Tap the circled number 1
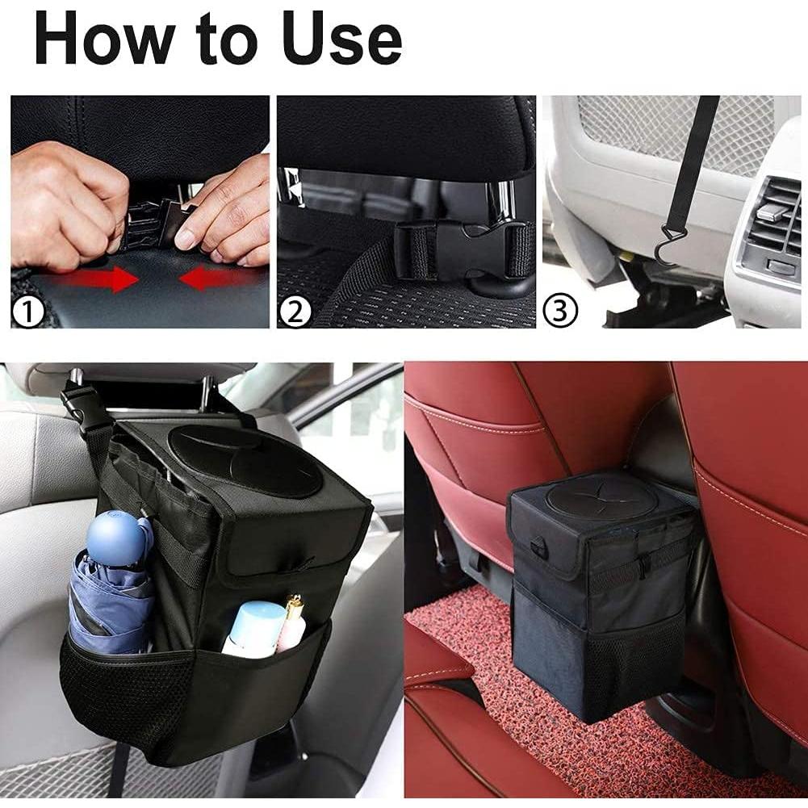tap(29, 312)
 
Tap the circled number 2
tap(295, 312)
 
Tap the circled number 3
tap(560, 312)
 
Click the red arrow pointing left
tap(211, 279)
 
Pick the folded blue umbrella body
tap(109, 605)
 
